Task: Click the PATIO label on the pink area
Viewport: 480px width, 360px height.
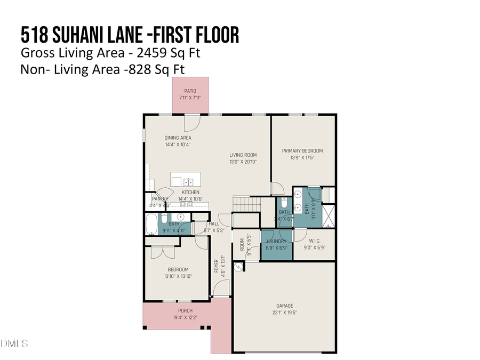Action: tap(190, 91)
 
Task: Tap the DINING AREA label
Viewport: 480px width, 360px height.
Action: tap(178, 138)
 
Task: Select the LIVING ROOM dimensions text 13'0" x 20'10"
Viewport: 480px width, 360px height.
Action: tap(243, 162)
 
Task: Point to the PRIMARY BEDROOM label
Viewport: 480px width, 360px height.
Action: tap(302, 151)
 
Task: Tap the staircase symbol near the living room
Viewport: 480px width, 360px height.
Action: tap(246, 204)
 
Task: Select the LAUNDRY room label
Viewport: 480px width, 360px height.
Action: tap(276, 241)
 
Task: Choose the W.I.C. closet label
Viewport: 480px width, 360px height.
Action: tap(314, 241)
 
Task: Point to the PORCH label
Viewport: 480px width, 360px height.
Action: tap(185, 311)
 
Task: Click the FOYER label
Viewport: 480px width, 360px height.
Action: tap(217, 265)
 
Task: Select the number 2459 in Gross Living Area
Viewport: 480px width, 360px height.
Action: tap(146, 53)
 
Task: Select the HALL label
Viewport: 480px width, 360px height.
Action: tap(214, 224)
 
